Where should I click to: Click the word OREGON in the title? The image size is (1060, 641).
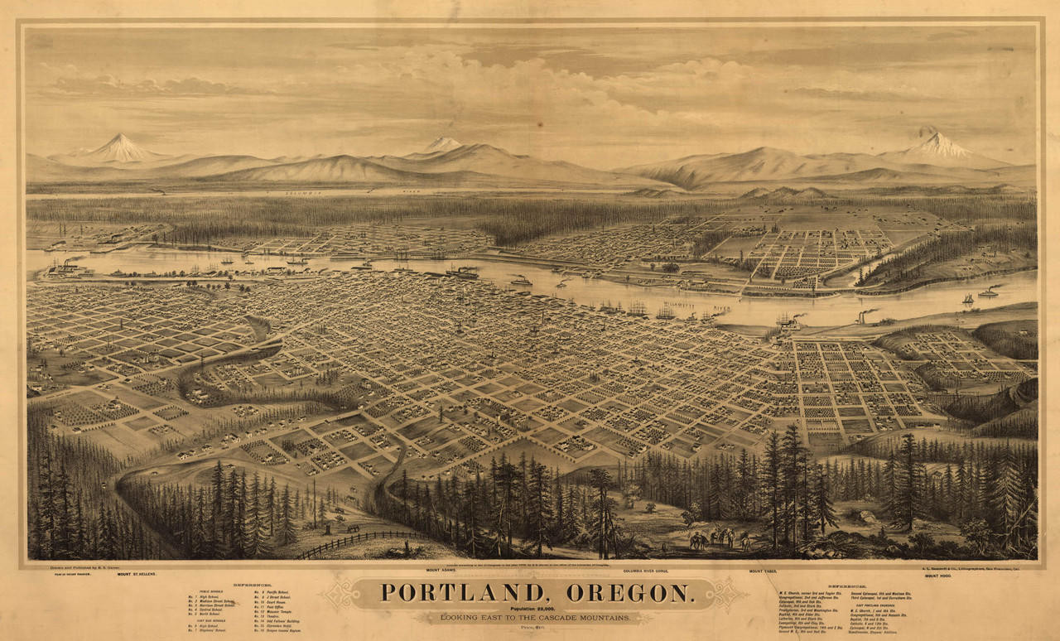tap(630, 593)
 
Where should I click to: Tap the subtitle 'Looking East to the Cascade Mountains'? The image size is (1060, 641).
tap(533, 618)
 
